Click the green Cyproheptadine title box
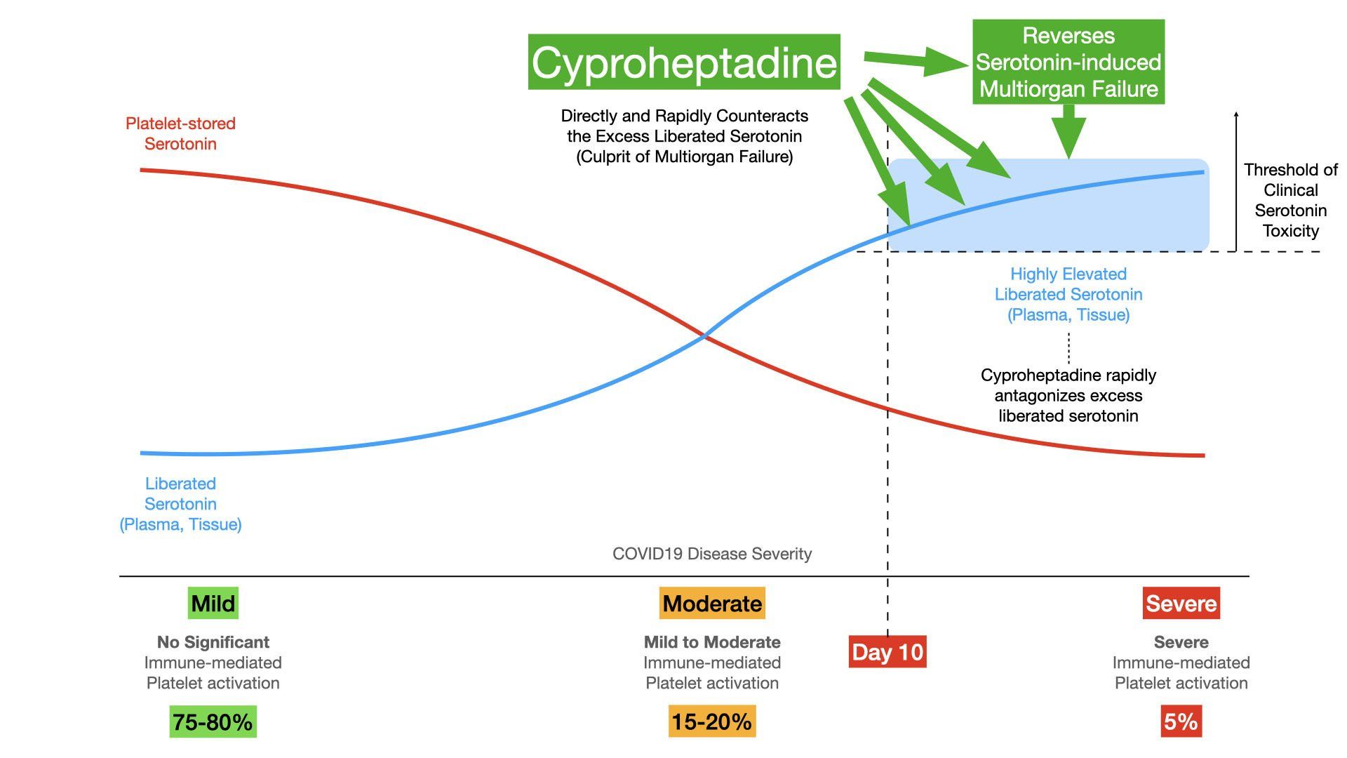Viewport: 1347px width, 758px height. [684, 62]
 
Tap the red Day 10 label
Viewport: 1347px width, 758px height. [887, 651]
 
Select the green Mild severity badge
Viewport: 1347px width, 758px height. [213, 603]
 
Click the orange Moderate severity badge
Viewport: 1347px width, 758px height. [712, 603]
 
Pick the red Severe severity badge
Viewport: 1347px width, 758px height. [1181, 603]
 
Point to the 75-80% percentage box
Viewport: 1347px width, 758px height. [213, 722]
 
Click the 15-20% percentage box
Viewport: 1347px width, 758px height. [712, 722]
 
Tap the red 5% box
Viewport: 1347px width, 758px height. [1181, 722]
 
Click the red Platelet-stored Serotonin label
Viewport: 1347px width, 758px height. [180, 133]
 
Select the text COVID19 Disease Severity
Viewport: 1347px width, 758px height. [712, 554]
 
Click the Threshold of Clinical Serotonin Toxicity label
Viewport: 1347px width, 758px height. [1291, 200]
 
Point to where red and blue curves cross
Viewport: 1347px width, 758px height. [705, 338]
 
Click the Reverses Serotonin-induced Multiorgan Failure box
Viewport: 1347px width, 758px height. [1068, 62]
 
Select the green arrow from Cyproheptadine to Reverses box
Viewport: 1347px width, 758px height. [916, 62]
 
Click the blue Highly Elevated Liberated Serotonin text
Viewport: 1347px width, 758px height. [1068, 294]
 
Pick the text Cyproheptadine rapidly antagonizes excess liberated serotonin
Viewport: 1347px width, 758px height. [1068, 395]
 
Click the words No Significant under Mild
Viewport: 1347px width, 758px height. [213, 642]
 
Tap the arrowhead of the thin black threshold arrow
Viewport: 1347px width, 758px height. [1236, 114]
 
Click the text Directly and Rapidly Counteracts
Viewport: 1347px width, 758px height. [685, 116]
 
